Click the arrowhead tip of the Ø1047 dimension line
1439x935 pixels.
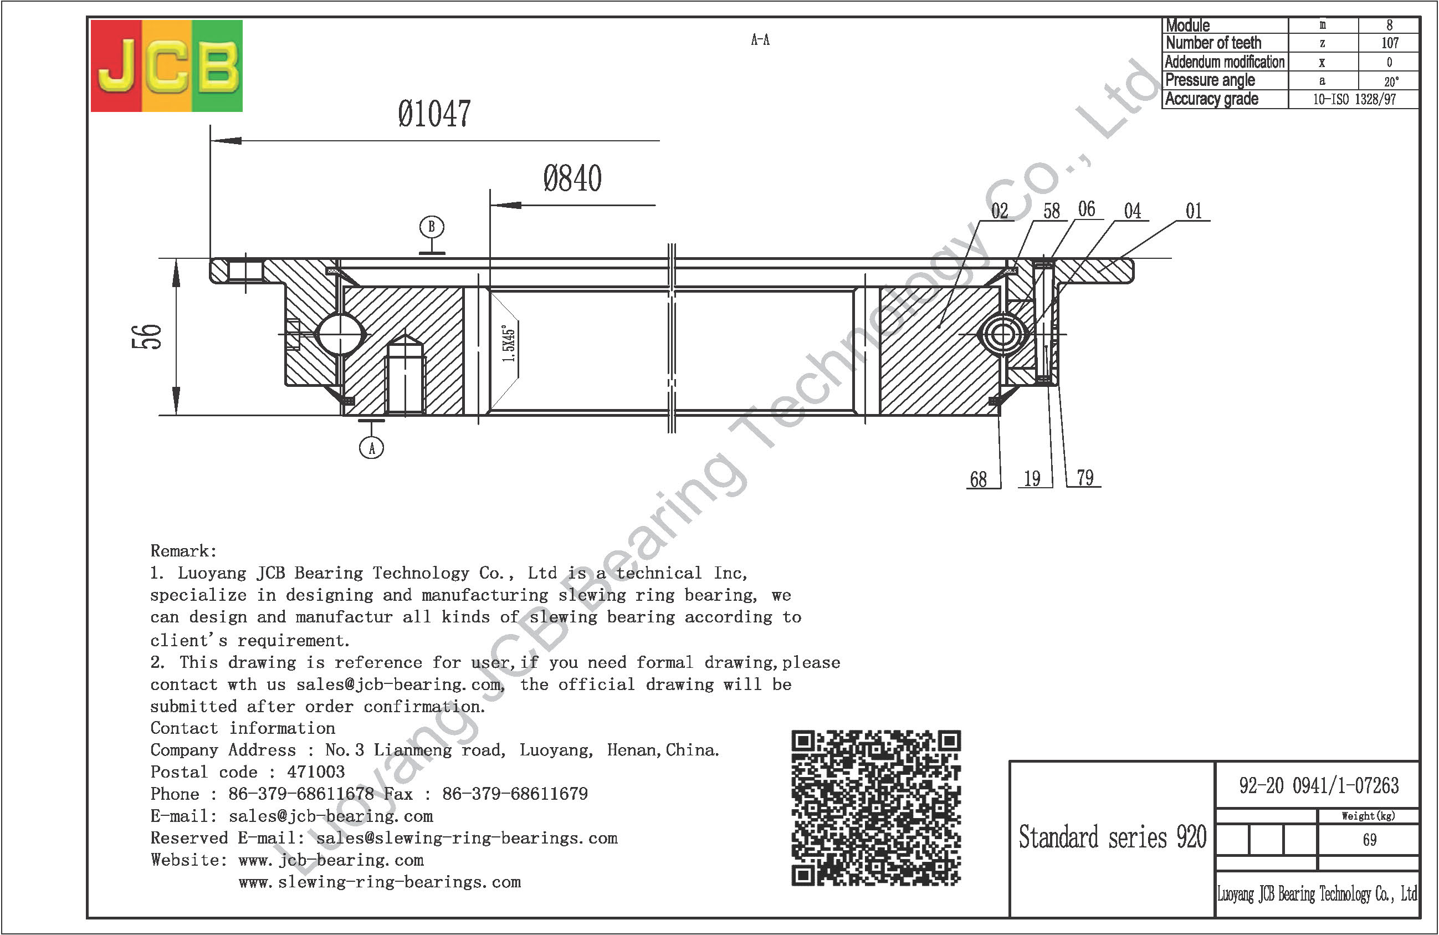pos(211,141)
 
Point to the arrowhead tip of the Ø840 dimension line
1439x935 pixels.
pos(490,205)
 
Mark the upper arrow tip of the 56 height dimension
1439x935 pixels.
pos(176,259)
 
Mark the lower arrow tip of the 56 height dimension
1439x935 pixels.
pos(176,415)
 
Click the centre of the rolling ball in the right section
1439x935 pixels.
pos(1002,334)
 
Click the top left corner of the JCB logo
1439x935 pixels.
pos(91,20)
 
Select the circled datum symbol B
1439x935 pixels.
pos(432,227)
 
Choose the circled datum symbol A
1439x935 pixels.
pos(371,448)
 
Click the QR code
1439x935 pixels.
pos(876,808)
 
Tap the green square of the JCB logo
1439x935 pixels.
pos(218,66)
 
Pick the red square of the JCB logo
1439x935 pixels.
pos(116,66)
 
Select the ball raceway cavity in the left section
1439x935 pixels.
pos(340,334)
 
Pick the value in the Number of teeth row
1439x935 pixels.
pos(1390,43)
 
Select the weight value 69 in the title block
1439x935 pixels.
pos(1370,840)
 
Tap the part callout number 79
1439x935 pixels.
pos(1085,478)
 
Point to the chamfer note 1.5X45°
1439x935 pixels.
pos(509,344)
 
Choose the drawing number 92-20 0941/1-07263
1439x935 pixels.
pos(1319,785)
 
